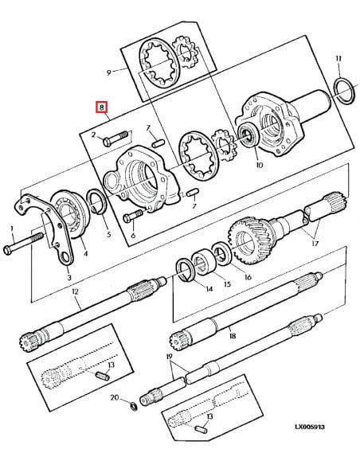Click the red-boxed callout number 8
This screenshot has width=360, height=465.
click(x=101, y=107)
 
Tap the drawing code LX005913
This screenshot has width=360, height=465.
click(x=310, y=427)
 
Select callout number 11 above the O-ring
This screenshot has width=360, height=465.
click(x=338, y=58)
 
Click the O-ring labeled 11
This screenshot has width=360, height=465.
click(x=344, y=91)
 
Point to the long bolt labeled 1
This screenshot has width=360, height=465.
click(x=23, y=243)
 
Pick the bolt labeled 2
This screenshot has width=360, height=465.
click(x=116, y=139)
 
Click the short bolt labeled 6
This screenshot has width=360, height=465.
click(x=132, y=216)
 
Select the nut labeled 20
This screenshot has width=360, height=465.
click(x=134, y=406)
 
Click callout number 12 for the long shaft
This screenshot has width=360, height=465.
click(x=75, y=291)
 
